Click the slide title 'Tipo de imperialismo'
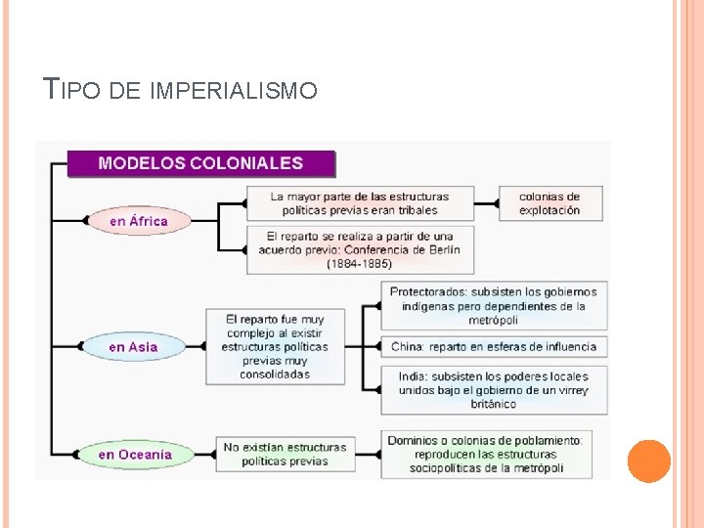pos(182,91)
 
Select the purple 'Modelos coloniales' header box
pos(200,163)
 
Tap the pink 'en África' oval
pos(138,221)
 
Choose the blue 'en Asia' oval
pos(133,347)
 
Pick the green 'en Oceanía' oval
pos(135,455)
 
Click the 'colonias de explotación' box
pos(550,203)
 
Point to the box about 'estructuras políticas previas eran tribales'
pos(360,203)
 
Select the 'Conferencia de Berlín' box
pos(360,250)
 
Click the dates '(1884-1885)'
pos(360,264)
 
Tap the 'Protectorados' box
pos(494,306)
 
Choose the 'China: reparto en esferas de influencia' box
pos(494,346)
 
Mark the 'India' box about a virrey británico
pos(494,389)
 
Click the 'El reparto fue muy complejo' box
pos(275,346)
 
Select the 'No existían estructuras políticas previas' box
pos(285,455)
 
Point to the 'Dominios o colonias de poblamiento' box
pos(487,455)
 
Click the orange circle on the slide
pos(648,461)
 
